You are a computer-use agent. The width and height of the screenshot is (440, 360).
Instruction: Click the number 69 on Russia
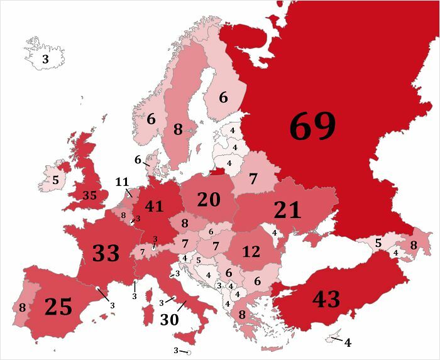(x=312, y=127)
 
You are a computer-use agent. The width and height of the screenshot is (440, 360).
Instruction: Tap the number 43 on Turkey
(x=326, y=299)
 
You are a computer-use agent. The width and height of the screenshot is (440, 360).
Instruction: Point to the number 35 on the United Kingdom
(x=90, y=195)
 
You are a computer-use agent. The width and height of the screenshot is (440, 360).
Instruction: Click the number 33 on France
(x=106, y=253)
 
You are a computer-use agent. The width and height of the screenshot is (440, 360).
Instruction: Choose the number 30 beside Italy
(x=170, y=319)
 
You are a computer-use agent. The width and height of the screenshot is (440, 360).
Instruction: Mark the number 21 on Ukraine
(x=287, y=210)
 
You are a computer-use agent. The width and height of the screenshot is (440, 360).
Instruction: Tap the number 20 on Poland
(x=209, y=199)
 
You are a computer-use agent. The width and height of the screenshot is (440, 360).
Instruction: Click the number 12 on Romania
(x=251, y=252)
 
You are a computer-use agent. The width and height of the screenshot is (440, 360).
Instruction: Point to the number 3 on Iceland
(x=45, y=60)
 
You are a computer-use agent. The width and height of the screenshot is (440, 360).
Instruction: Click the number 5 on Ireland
(x=55, y=180)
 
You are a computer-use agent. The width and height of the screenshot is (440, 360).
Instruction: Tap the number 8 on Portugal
(x=23, y=307)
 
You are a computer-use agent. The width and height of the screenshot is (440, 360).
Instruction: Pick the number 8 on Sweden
(x=178, y=130)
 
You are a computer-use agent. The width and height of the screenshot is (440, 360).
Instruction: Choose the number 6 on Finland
(x=223, y=97)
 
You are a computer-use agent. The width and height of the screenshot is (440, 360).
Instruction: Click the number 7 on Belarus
(x=253, y=179)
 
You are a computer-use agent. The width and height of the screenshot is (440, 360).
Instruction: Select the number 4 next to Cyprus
(x=348, y=343)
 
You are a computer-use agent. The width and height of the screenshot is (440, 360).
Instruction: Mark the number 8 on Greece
(x=241, y=315)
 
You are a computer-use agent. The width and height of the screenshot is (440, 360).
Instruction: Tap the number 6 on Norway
(x=151, y=118)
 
